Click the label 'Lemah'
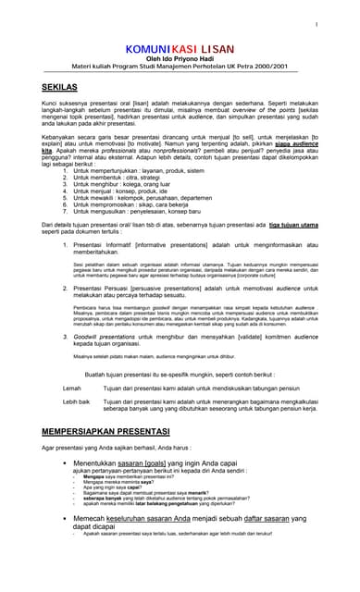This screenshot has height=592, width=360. coord(71,388)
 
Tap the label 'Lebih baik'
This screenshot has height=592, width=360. coord(77,402)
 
